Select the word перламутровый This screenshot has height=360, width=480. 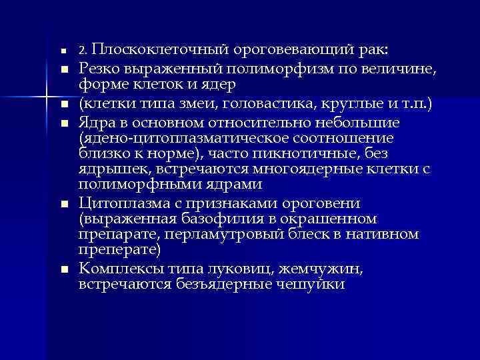click(x=222, y=234)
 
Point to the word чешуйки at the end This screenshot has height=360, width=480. click(x=311, y=284)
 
